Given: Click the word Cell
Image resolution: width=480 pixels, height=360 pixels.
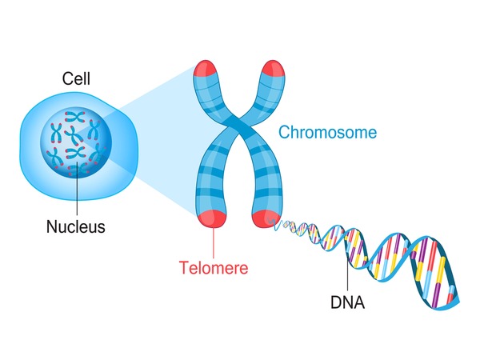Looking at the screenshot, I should [x=76, y=79].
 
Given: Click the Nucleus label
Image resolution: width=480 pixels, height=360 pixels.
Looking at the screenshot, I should [x=75, y=226].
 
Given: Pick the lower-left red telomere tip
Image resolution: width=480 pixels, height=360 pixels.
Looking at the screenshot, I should [x=214, y=216].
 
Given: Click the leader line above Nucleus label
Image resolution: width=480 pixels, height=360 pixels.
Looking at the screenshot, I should [x=76, y=192].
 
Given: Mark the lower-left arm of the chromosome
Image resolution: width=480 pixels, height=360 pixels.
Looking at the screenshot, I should [x=213, y=180].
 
